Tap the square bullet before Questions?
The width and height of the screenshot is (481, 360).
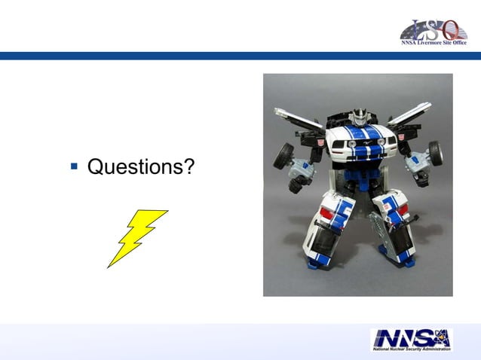(x=74, y=166)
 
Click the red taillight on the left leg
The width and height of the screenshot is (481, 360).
(x=326, y=213)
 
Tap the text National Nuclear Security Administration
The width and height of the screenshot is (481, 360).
(x=411, y=349)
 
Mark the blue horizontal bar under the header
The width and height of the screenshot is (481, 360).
(x=240, y=56)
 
